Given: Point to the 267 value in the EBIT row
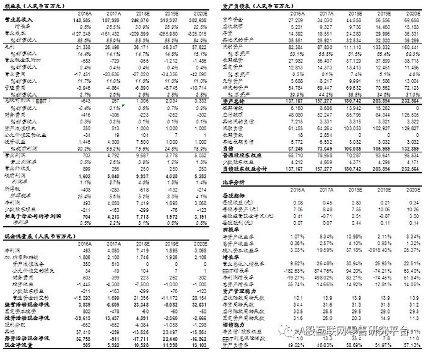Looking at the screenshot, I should [112, 100].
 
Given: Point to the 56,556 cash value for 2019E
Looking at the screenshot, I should [381, 20].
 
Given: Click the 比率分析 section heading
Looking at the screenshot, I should [233, 182].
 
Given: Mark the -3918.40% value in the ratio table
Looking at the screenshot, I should [379, 250].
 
